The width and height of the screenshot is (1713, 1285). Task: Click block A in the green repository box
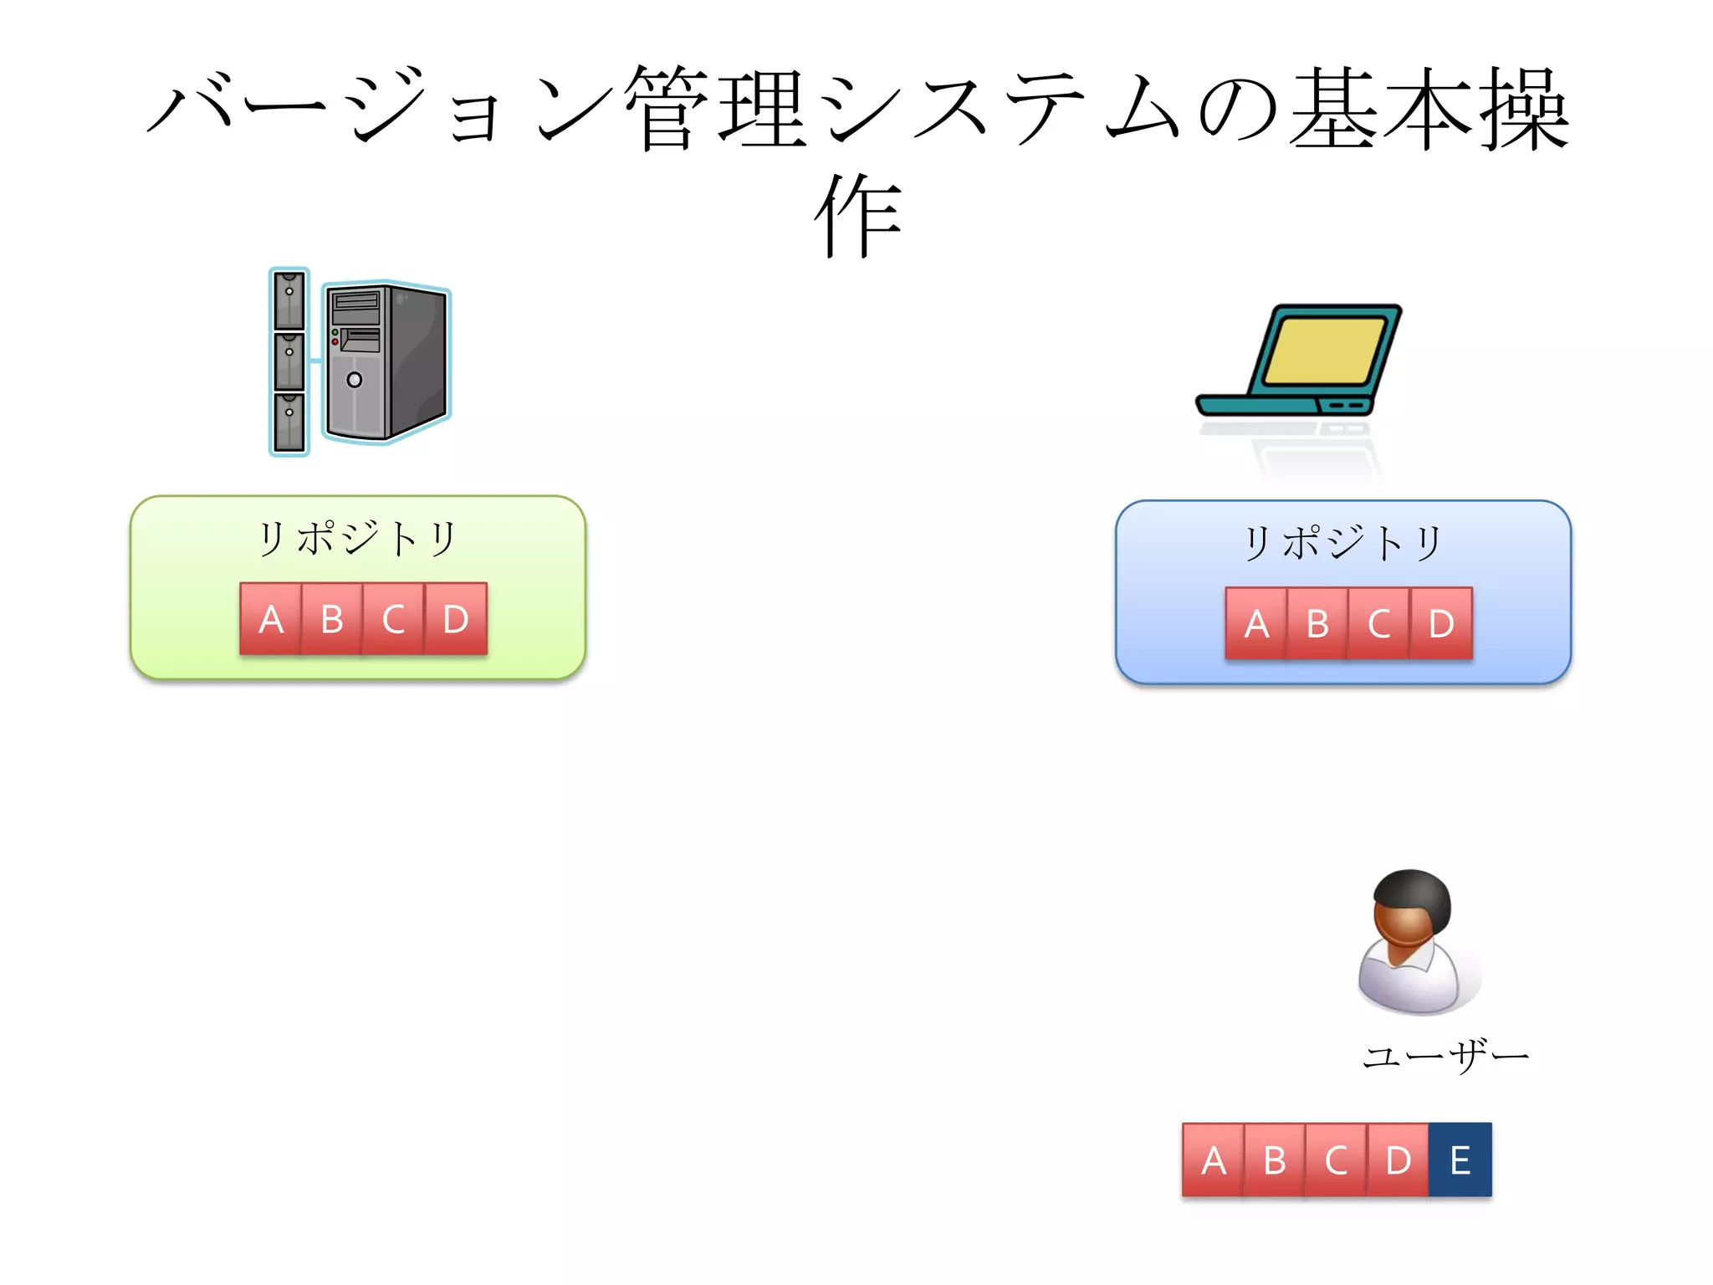pyautogui.click(x=270, y=619)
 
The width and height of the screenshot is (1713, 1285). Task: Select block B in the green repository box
pyautogui.click(x=332, y=619)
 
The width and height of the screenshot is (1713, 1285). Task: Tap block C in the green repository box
pyautogui.click(x=394, y=619)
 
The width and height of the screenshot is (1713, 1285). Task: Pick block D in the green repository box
pyautogui.click(x=456, y=619)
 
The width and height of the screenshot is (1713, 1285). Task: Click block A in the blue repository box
pyautogui.click(x=1256, y=624)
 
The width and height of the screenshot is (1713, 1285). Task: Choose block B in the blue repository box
pyautogui.click(x=1318, y=624)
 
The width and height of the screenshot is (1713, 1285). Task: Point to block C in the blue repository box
pyautogui.click(x=1379, y=624)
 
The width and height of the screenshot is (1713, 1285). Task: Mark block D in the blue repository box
pyautogui.click(x=1441, y=624)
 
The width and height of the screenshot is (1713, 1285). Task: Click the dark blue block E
pyautogui.click(x=1460, y=1160)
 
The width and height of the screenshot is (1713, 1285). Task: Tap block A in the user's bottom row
pyautogui.click(x=1214, y=1160)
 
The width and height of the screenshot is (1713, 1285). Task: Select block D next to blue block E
pyautogui.click(x=1399, y=1160)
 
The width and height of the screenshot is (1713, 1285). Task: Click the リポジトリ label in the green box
pyautogui.click(x=357, y=538)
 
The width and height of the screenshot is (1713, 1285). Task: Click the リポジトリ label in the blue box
pyautogui.click(x=1342, y=543)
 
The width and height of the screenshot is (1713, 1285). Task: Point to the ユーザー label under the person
pyautogui.click(x=1445, y=1057)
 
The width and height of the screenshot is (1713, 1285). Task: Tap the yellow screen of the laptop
pyautogui.click(x=1325, y=350)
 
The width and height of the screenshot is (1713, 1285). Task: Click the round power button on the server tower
pyautogui.click(x=355, y=380)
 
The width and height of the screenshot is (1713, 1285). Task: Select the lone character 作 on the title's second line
pyautogui.click(x=857, y=216)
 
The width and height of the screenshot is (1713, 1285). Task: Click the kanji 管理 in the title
pyautogui.click(x=715, y=109)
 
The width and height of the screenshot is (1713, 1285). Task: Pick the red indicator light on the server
pyautogui.click(x=335, y=342)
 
